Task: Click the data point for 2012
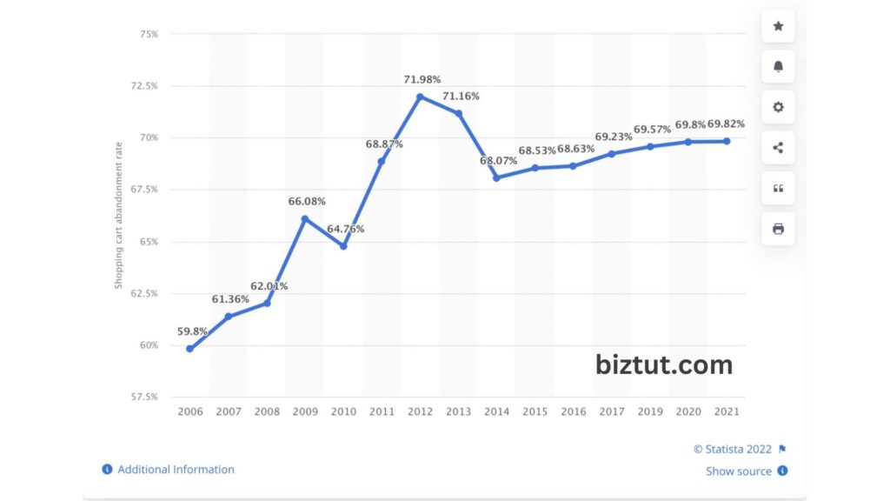click(420, 97)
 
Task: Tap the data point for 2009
click(305, 218)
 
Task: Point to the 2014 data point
click(496, 177)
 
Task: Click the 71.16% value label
click(461, 96)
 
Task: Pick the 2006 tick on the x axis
click(189, 411)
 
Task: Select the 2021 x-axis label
click(727, 411)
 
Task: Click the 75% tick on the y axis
click(148, 34)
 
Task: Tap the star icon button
click(778, 26)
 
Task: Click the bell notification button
click(778, 67)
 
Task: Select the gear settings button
click(778, 107)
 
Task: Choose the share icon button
click(778, 148)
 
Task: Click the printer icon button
click(778, 229)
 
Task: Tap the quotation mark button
click(778, 189)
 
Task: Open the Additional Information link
click(176, 470)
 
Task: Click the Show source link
click(739, 471)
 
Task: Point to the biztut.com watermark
click(664, 364)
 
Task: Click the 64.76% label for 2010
click(346, 229)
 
